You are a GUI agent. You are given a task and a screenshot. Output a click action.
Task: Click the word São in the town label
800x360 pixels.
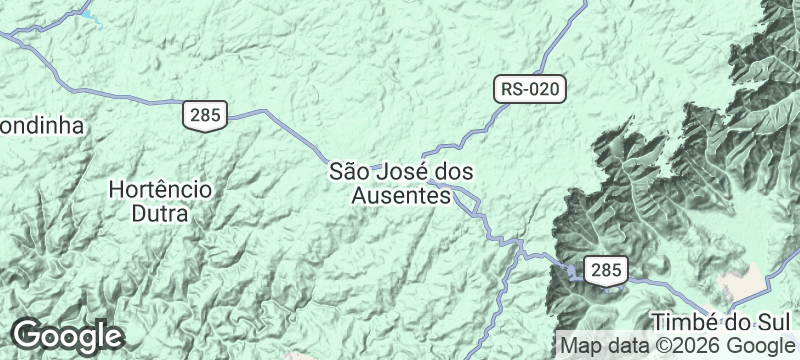pos(351,172)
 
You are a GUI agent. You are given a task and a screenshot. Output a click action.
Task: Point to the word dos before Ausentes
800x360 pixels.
pos(456,172)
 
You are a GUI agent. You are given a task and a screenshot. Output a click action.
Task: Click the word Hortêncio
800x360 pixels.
pos(159,188)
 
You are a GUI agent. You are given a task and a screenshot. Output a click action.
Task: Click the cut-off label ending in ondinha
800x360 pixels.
pos(40,126)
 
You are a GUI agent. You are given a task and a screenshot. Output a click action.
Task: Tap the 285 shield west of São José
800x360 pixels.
pos(204,115)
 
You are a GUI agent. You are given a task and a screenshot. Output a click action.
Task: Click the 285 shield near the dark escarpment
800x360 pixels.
pos(606,269)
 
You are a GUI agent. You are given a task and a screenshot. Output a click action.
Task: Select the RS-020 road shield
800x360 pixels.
pos(530,90)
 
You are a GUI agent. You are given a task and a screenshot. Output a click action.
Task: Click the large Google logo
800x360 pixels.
pos(68,335)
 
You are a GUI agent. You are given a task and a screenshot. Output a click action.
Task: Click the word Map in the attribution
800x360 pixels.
pos(582,346)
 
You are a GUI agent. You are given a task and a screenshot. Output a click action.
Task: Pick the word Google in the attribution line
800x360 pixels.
pos(759,346)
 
